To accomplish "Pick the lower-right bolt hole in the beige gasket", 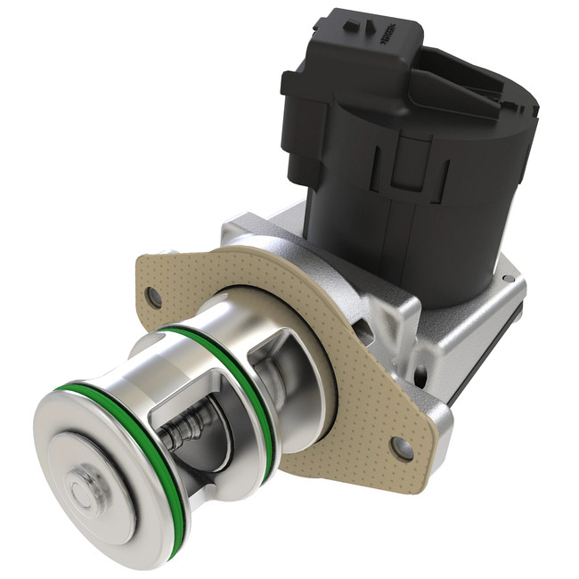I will [x=402, y=446].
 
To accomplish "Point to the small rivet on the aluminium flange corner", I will [x=505, y=280].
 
